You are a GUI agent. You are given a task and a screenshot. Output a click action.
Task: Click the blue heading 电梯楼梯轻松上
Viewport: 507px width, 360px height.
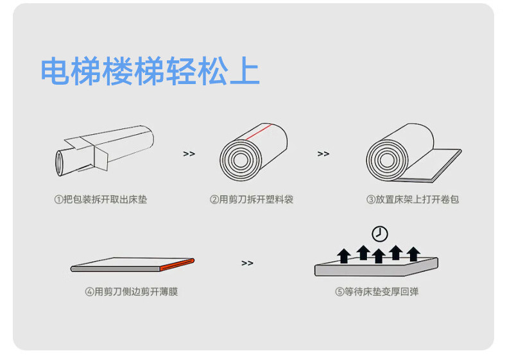[x=150, y=71]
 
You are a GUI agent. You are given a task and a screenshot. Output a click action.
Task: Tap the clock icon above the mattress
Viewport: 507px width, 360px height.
[x=379, y=233]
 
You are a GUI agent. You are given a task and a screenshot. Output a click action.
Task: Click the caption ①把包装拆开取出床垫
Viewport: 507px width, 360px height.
[x=100, y=200]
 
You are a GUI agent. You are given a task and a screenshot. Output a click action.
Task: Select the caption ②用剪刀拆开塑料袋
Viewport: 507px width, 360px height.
[x=252, y=200]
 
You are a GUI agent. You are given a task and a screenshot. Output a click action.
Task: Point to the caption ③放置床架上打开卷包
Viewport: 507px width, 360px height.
[x=413, y=200]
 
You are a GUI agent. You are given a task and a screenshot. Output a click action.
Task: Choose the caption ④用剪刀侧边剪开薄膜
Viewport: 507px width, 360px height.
[x=132, y=291]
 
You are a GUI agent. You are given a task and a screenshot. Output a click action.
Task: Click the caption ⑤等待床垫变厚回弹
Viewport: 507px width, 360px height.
[x=377, y=291]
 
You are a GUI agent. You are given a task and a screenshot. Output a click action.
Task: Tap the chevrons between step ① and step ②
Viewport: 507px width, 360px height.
[x=189, y=154]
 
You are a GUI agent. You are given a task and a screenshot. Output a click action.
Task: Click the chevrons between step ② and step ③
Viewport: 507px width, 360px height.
[x=323, y=154]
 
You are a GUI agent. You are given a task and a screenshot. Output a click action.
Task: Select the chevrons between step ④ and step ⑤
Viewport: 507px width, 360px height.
[x=247, y=263]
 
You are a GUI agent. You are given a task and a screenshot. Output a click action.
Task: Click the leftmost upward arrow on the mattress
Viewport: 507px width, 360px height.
[x=344, y=256]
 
